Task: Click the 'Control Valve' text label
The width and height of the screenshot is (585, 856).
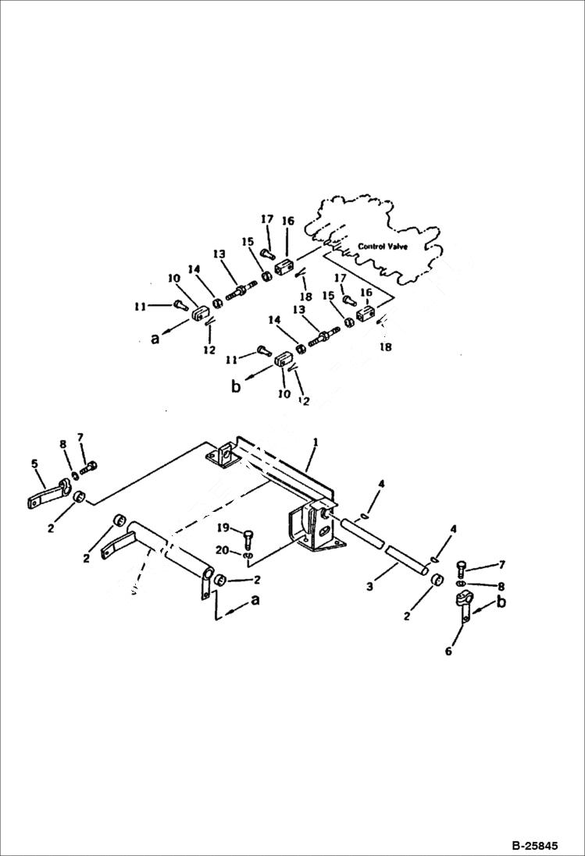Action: click(x=383, y=247)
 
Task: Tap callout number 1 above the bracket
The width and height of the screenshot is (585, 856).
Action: click(x=315, y=442)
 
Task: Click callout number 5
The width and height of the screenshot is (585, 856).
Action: click(x=34, y=464)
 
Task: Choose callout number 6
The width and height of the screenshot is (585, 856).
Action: click(x=448, y=651)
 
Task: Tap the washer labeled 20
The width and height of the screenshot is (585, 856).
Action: click(x=248, y=556)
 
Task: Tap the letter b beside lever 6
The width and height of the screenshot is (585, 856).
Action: click(x=501, y=603)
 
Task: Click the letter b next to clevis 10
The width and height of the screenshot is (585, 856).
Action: click(x=236, y=386)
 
